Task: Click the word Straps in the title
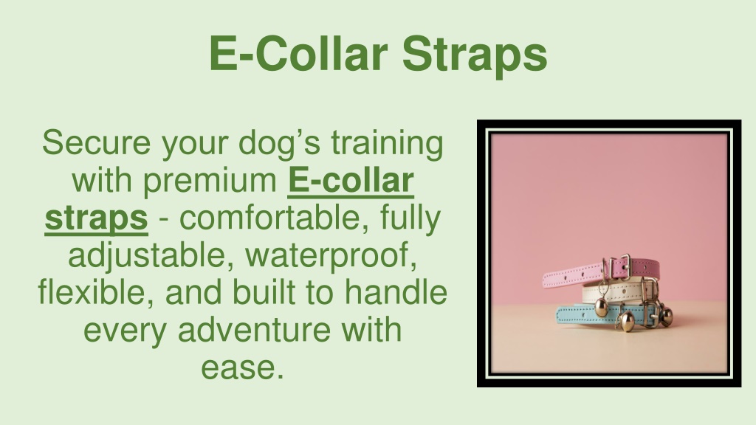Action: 475,54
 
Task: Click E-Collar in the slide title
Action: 298,53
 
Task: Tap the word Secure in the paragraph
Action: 96,142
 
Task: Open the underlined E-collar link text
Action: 351,181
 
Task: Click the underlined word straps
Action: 96,219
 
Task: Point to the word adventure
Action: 255,331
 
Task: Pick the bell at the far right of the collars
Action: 665,316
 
